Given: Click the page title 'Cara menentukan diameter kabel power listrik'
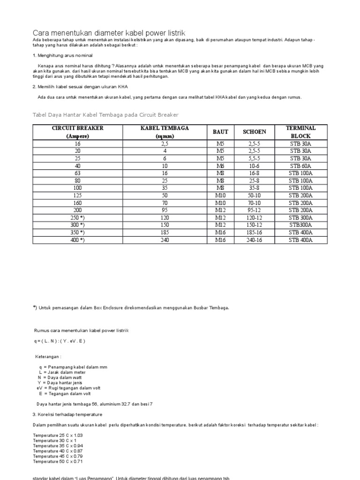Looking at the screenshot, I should coord(109,33).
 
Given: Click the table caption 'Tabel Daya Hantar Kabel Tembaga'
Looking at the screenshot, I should coord(105,115).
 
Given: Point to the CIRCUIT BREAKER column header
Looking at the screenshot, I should coord(78,132).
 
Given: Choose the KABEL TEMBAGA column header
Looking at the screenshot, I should coord(165,132).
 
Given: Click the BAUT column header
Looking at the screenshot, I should coord(220,132).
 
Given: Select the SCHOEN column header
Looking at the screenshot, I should coord(255,132).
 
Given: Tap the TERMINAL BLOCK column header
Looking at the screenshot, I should coord(300,132).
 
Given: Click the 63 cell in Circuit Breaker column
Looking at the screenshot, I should coord(78,173).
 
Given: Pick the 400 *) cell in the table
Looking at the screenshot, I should coord(78,240).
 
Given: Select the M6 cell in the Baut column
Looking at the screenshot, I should coord(220,166).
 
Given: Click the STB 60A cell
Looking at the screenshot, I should coord(300,166).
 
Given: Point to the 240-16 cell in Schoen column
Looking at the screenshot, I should coord(255,240).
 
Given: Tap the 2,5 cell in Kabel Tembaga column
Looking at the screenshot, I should coord(165,144).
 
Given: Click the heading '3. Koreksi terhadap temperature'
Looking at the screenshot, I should coord(67,414).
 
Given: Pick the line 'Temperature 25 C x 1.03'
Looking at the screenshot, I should coord(58,435).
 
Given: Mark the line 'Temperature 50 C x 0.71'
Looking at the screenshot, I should coord(58,462).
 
